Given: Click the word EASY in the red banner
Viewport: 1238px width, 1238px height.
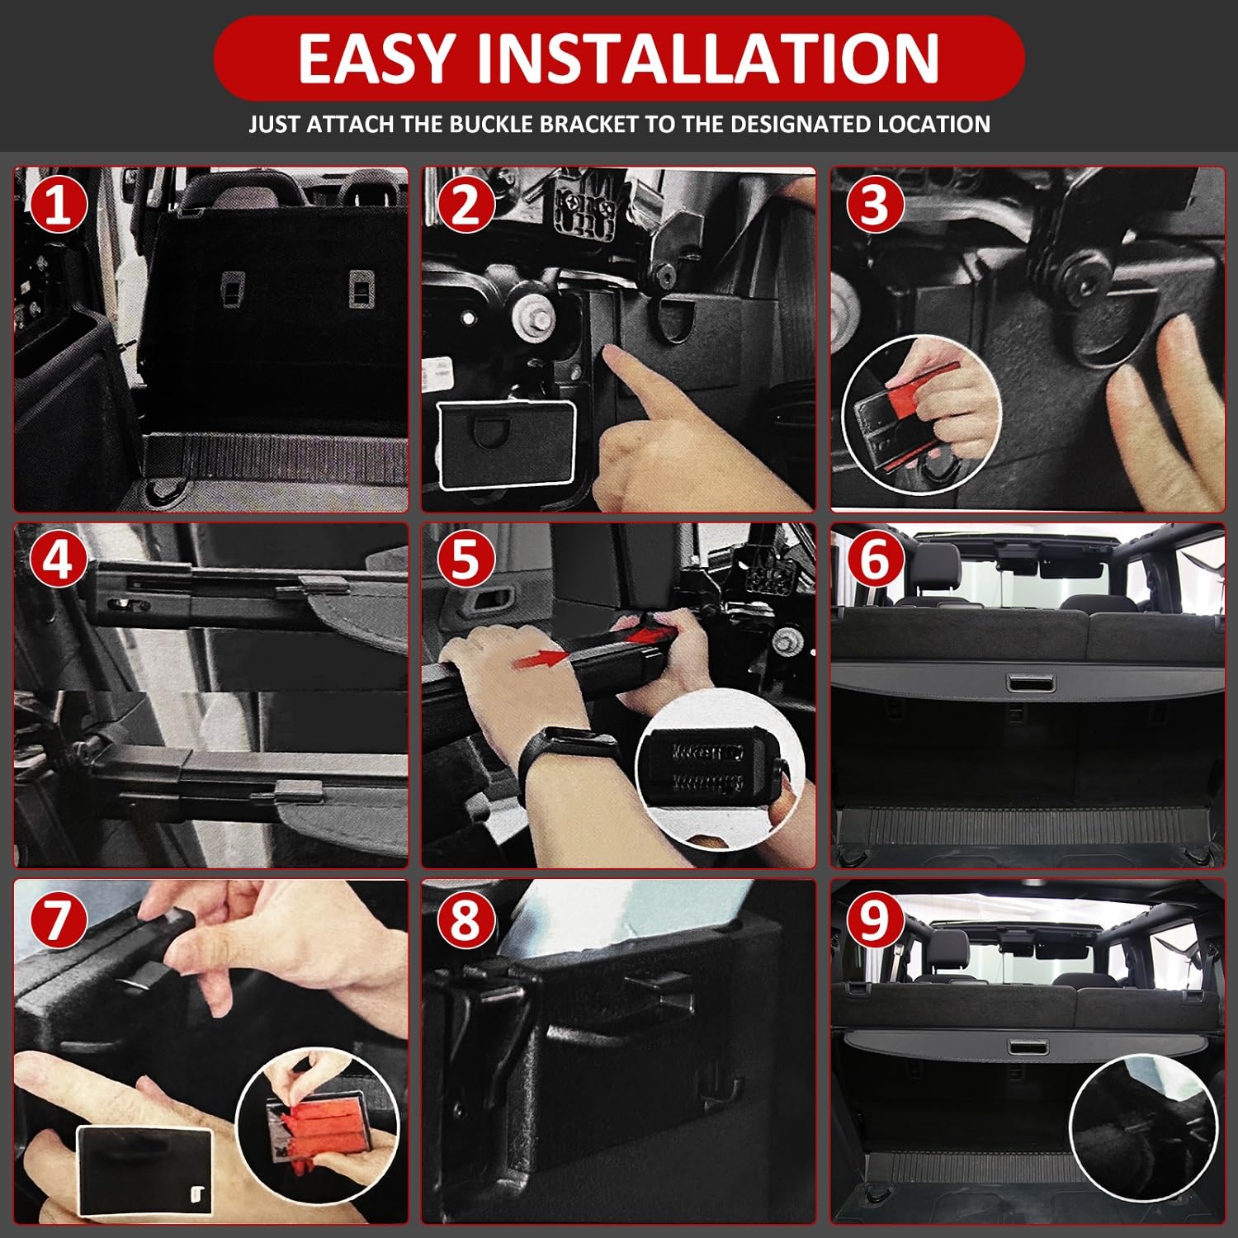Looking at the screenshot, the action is point(376,58).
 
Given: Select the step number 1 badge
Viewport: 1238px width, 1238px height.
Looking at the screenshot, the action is point(58,204).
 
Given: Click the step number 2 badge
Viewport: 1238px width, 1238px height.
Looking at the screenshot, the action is point(465,204).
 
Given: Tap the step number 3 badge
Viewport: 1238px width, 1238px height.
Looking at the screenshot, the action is point(875,204).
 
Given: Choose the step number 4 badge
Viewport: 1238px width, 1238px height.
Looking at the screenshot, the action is point(58,560).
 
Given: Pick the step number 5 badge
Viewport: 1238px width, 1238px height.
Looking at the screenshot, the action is point(465,560).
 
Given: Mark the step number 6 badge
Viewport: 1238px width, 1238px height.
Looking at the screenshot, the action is point(875,560).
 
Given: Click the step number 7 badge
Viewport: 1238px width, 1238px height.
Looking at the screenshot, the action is point(58,919).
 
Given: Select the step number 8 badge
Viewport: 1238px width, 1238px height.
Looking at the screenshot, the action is point(465,919).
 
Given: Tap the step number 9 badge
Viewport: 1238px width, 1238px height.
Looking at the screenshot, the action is point(875,919).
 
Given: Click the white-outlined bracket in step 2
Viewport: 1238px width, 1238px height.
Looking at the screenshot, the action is point(506,444).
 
